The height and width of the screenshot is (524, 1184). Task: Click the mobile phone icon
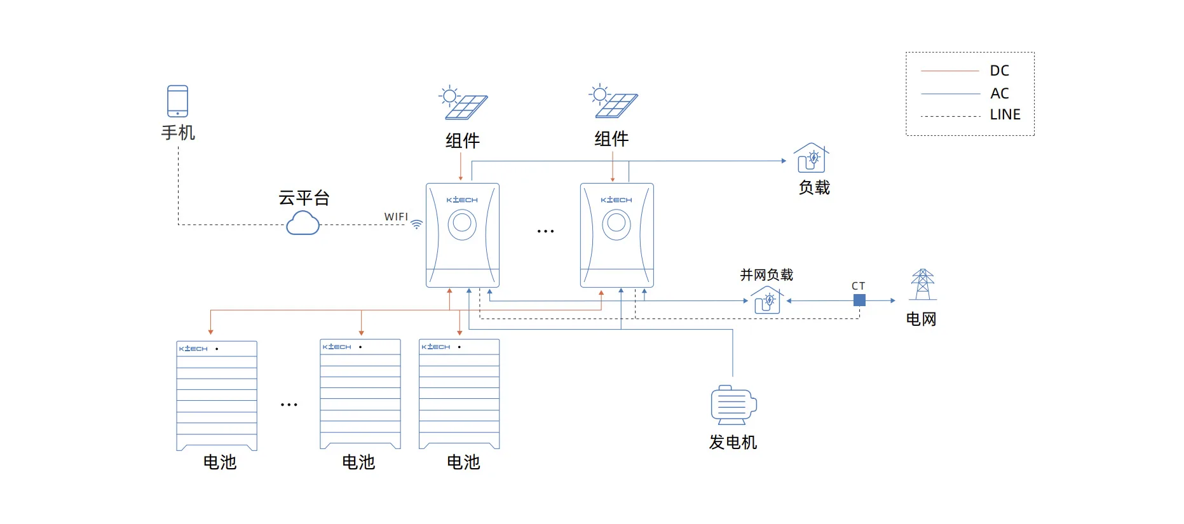[177, 101]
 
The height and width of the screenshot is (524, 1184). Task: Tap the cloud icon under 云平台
[303, 224]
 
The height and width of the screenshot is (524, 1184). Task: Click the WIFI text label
[396, 217]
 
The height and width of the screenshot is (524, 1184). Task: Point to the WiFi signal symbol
[417, 224]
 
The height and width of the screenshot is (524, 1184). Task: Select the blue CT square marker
[859, 300]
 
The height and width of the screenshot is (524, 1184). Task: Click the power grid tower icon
[922, 285]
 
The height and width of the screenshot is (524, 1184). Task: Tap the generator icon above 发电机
[733, 405]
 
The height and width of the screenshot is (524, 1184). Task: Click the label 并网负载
[766, 275]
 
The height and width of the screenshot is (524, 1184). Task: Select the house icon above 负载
[811, 158]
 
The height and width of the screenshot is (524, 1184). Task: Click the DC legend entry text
[999, 71]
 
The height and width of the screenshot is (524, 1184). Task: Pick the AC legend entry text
[999, 93]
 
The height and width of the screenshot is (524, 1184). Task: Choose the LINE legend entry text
[1005, 115]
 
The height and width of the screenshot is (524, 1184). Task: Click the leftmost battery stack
[217, 396]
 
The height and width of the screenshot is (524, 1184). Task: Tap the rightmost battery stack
[459, 394]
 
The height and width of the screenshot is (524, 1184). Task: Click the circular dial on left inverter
[462, 223]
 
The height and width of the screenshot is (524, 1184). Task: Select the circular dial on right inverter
[616, 223]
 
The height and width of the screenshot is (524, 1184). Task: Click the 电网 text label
[921, 319]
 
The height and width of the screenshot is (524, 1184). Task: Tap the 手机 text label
[178, 133]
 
